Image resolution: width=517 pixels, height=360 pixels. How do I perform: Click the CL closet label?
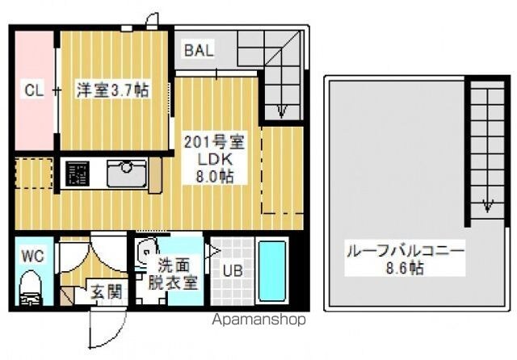34,90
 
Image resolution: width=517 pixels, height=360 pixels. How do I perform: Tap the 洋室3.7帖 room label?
113,90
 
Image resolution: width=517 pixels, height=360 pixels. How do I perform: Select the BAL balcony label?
199,50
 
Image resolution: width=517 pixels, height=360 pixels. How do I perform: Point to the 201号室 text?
214,142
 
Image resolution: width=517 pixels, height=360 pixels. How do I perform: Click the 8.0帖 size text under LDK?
215,177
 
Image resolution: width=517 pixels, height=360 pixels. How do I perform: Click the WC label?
32,256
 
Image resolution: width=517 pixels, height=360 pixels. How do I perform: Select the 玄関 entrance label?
107,292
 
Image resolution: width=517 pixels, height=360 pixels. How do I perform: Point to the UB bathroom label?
233,270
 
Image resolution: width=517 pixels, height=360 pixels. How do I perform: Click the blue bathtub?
272,271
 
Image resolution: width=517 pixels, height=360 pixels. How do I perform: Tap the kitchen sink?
127,174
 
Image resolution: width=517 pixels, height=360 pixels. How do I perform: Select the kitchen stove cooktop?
78,174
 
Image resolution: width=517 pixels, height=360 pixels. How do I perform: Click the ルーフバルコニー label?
406,253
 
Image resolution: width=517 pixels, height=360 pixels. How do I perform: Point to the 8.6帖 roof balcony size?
405,269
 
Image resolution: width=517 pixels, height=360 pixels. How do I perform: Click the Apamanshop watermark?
259,319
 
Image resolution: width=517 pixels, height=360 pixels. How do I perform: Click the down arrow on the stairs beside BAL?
281,111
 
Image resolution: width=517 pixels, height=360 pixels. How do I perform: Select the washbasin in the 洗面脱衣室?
145,253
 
